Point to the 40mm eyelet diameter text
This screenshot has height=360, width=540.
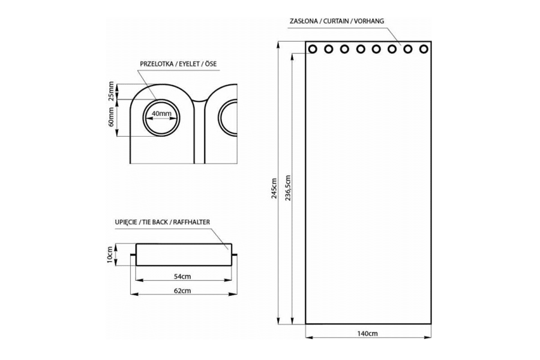point(162,114)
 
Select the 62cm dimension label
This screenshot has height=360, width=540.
point(183,291)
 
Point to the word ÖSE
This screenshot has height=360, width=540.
point(211,64)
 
